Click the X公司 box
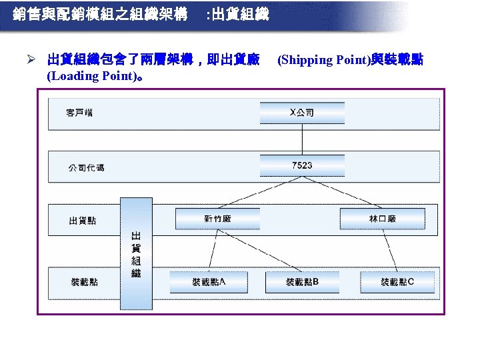pos(302,113)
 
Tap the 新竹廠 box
pos(217,219)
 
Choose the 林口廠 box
pos(382,219)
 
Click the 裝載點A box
pos(209,282)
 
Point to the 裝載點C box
pos(397,282)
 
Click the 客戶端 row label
pos(79,113)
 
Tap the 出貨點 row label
pos(82,220)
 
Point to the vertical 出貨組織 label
pos(136,255)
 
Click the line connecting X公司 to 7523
pos(302,139)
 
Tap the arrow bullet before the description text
pos(39,60)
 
